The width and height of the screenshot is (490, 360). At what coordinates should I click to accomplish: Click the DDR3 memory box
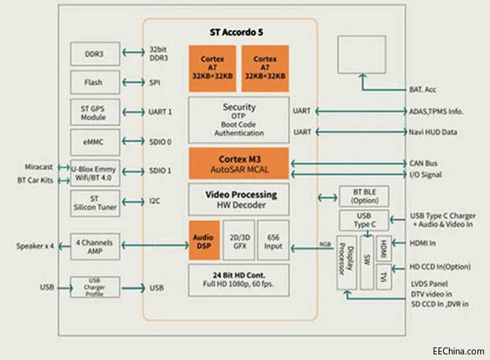(95, 53)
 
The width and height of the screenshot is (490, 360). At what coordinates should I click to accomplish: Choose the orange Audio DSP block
(203, 240)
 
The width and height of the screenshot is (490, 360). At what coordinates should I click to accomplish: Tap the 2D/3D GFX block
(238, 240)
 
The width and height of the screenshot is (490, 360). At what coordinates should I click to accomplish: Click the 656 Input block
(273, 240)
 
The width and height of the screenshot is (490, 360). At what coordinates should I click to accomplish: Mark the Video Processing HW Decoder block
(238, 200)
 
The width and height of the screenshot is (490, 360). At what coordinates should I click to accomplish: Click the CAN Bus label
(426, 163)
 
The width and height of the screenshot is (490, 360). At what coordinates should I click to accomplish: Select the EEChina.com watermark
(458, 351)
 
